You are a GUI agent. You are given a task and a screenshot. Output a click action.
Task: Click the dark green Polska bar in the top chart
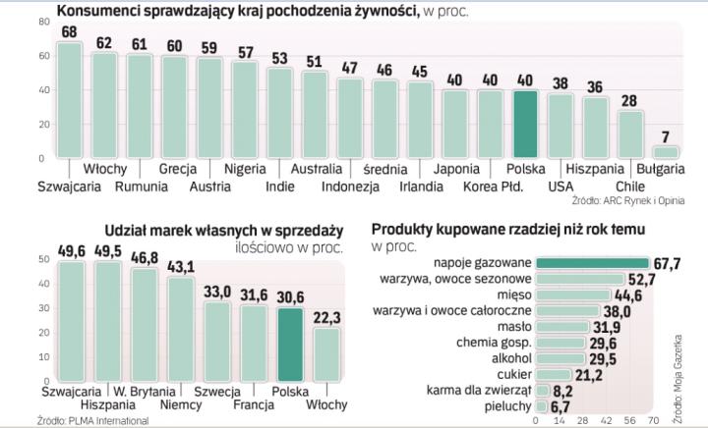(x=525, y=124)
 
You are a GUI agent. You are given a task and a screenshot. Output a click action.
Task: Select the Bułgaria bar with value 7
(x=666, y=152)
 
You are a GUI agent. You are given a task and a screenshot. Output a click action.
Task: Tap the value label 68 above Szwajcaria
(x=69, y=32)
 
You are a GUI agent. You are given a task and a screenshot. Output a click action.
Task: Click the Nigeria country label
(x=246, y=168)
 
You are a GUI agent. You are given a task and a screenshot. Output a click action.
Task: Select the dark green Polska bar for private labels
(x=290, y=344)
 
